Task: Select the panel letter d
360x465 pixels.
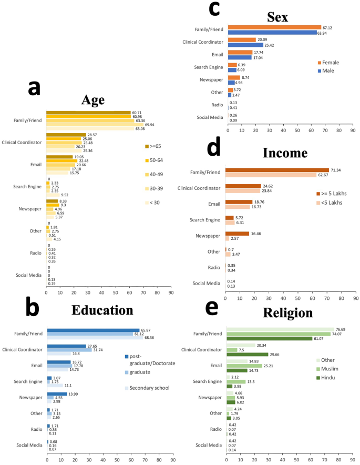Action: [x=213, y=149]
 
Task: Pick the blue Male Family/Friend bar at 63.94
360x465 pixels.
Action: [x=272, y=33]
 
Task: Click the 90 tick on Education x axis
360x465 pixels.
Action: [x=173, y=461]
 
